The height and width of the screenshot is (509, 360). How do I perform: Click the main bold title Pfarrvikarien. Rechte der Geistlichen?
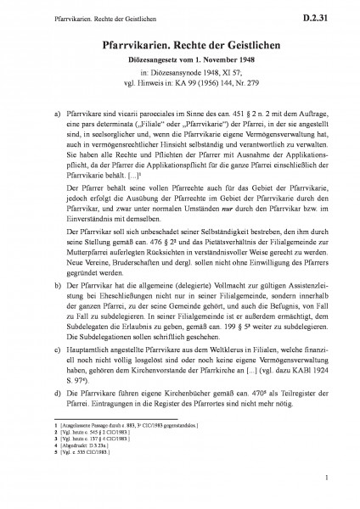pos(180,41)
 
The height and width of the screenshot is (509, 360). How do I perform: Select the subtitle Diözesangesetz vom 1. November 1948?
pos(180,55)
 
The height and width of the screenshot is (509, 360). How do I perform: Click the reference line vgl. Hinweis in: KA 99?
pos(180,76)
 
